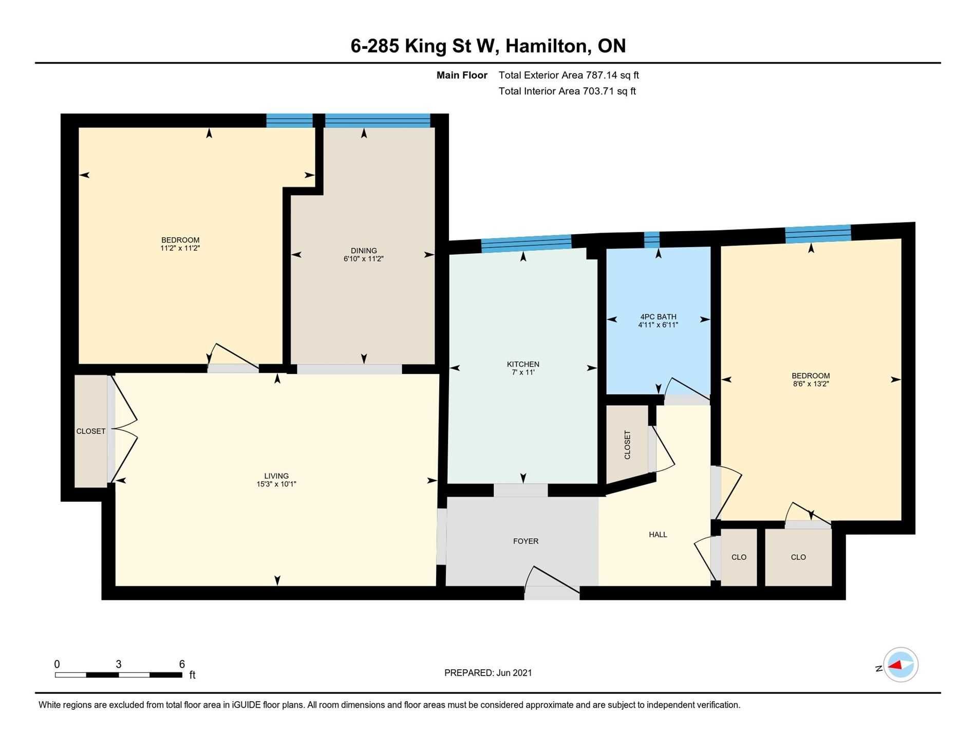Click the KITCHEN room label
[523, 364]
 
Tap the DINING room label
[364, 251]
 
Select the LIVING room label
[276, 476]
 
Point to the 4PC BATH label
[658, 317]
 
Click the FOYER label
[525, 541]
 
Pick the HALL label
[658, 534]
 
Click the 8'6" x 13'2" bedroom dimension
[811, 384]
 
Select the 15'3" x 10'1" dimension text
[276, 484]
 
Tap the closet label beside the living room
[91, 431]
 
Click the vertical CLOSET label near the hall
[627, 445]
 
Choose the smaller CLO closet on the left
[739, 557]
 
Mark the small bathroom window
[652, 239]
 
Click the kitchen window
[527, 243]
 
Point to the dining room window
[378, 120]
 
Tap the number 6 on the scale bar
[182, 664]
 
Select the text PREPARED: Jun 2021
[488, 673]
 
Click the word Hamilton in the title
[547, 46]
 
